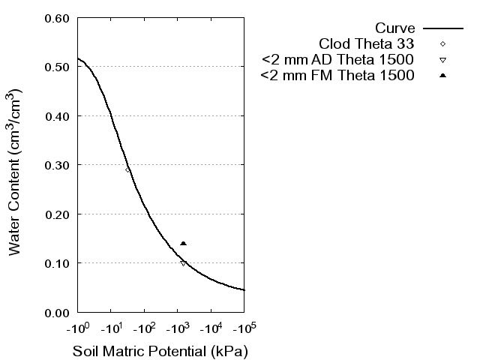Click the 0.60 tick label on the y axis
(x=58, y=18)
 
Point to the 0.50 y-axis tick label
(x=58, y=67)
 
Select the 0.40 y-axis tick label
(x=58, y=116)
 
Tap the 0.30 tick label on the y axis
(x=58, y=165)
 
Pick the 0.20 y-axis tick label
(x=58, y=214)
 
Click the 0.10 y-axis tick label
(x=58, y=263)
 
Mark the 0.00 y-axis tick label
(x=58, y=313)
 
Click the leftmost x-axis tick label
(x=77, y=329)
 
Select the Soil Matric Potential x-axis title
(x=160, y=351)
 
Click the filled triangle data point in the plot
(x=183, y=243)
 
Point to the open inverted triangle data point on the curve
(x=183, y=263)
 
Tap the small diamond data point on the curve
(x=127, y=169)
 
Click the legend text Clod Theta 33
(x=367, y=43)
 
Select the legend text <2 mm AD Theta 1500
(x=337, y=59)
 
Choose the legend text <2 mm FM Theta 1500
(x=337, y=76)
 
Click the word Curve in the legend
(x=395, y=28)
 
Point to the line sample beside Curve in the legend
(x=443, y=28)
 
